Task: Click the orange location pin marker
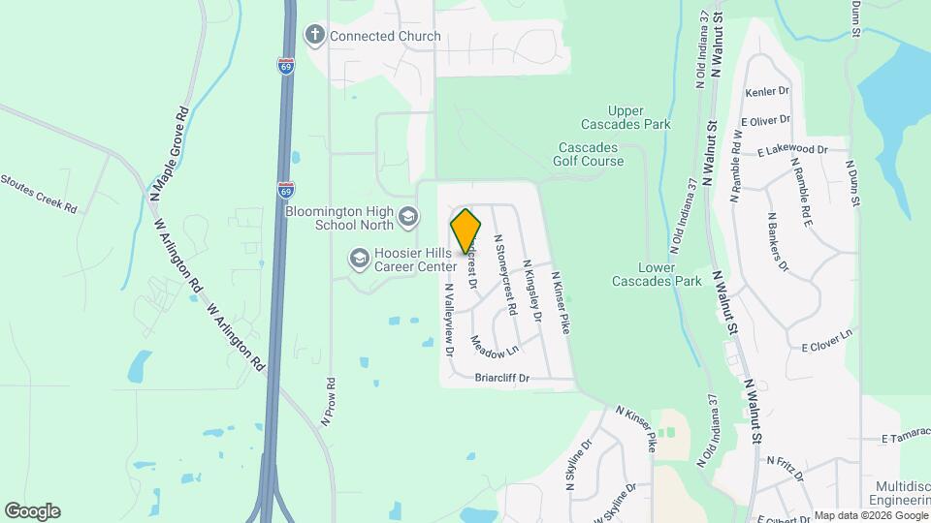coord(465,231)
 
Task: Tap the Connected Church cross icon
coord(314,36)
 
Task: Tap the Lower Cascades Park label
coord(657,274)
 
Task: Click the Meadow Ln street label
coord(494,343)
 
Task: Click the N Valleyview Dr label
coord(449,320)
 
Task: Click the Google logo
coord(32,511)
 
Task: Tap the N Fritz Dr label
coord(786,468)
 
